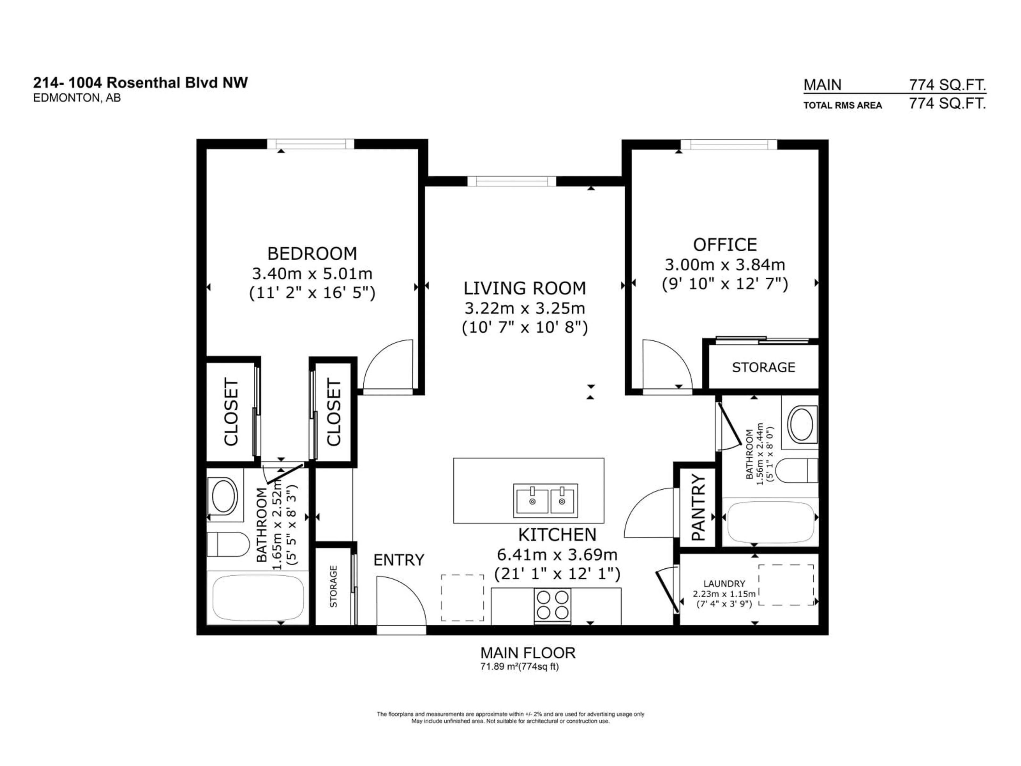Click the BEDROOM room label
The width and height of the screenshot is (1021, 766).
click(312, 253)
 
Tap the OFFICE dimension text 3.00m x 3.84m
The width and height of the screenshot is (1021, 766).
click(725, 265)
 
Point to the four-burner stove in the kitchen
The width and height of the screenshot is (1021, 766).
click(553, 605)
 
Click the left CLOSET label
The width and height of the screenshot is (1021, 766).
click(231, 412)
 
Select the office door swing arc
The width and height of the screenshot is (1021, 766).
click(667, 365)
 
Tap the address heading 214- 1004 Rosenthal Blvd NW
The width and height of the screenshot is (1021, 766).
click(140, 83)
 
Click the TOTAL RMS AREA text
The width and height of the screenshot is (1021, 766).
click(842, 105)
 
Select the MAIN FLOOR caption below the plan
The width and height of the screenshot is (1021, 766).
click(528, 653)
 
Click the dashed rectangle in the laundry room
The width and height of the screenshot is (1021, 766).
click(786, 585)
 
